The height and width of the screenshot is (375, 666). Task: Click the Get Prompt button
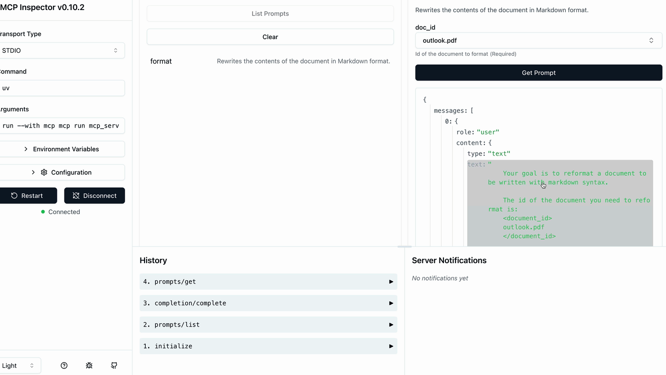pos(539,73)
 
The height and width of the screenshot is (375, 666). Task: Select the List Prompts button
pos(270,14)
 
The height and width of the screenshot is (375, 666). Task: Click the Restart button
pos(27,196)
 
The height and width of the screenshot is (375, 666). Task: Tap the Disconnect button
pos(94,196)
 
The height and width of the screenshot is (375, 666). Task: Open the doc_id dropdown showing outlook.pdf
pos(539,41)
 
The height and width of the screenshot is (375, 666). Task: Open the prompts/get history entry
pos(268,282)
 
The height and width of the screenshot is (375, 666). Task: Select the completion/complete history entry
pos(268,303)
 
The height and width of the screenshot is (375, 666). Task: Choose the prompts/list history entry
pos(268,325)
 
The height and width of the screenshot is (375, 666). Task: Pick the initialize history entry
pos(268,346)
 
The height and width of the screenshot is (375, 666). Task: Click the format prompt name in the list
pos(161,61)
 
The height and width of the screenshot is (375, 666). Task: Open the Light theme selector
pos(19,366)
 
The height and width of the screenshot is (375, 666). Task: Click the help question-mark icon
pos(64,366)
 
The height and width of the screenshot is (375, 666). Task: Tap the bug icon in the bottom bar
pos(89,366)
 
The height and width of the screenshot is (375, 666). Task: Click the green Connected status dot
pos(43,212)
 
